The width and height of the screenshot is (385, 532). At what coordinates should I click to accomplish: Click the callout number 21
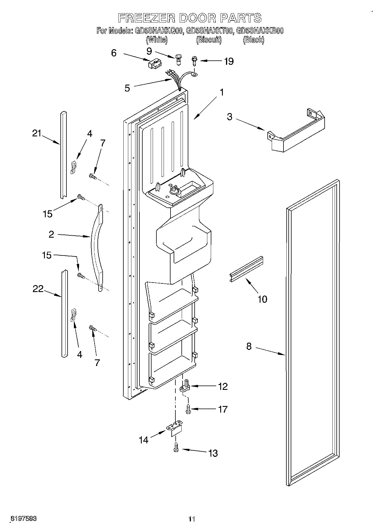[x=37, y=134]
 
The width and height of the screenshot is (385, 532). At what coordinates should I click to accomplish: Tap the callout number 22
[x=38, y=289]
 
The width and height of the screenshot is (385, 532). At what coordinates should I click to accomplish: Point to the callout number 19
[x=229, y=61]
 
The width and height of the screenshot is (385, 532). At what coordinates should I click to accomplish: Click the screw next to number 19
[x=194, y=61]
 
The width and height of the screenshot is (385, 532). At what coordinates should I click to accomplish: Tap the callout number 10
[x=262, y=299]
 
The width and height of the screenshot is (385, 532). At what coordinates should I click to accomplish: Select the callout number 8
[x=249, y=346]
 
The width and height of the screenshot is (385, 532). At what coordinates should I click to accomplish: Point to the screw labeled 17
[x=188, y=409]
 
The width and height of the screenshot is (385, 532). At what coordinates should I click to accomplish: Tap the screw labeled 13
[x=176, y=455]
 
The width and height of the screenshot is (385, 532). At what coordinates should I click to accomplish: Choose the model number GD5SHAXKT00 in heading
[x=209, y=31]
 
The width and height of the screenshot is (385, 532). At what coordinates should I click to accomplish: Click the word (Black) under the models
[x=253, y=40]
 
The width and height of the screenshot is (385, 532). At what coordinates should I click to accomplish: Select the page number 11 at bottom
[x=192, y=519]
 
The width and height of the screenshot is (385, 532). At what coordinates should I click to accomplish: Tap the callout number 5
[x=127, y=88]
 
